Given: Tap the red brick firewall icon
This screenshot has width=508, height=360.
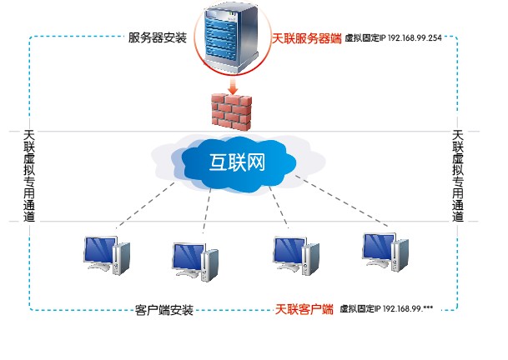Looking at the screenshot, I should coord(230,110).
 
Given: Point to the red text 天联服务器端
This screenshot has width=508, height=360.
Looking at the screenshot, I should coord(306,38).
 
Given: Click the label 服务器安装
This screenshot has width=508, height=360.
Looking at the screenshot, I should coord(158,38).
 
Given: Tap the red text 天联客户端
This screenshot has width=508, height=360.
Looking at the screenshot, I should coord(304,309).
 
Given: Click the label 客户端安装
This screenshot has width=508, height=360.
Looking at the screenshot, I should coord(164,311).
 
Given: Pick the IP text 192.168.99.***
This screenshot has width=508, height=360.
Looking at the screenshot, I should coord(409,310).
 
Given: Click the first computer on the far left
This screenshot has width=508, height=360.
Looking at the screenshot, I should coord(107,255).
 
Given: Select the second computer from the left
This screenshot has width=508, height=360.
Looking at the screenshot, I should coord(194,262).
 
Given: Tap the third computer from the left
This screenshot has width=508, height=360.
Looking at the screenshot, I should coord(296,255).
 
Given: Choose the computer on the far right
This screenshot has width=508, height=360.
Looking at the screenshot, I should coord(385,251).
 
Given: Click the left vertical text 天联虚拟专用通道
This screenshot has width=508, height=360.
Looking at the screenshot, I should coord(30,175).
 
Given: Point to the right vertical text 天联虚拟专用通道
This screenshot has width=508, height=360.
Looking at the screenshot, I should coord(457,175).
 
